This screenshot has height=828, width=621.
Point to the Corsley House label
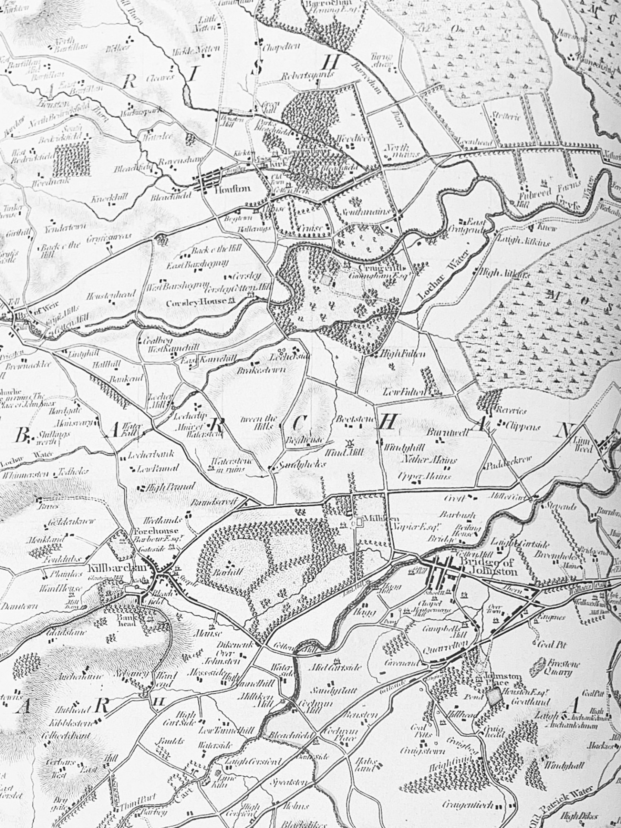(x=197, y=302)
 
